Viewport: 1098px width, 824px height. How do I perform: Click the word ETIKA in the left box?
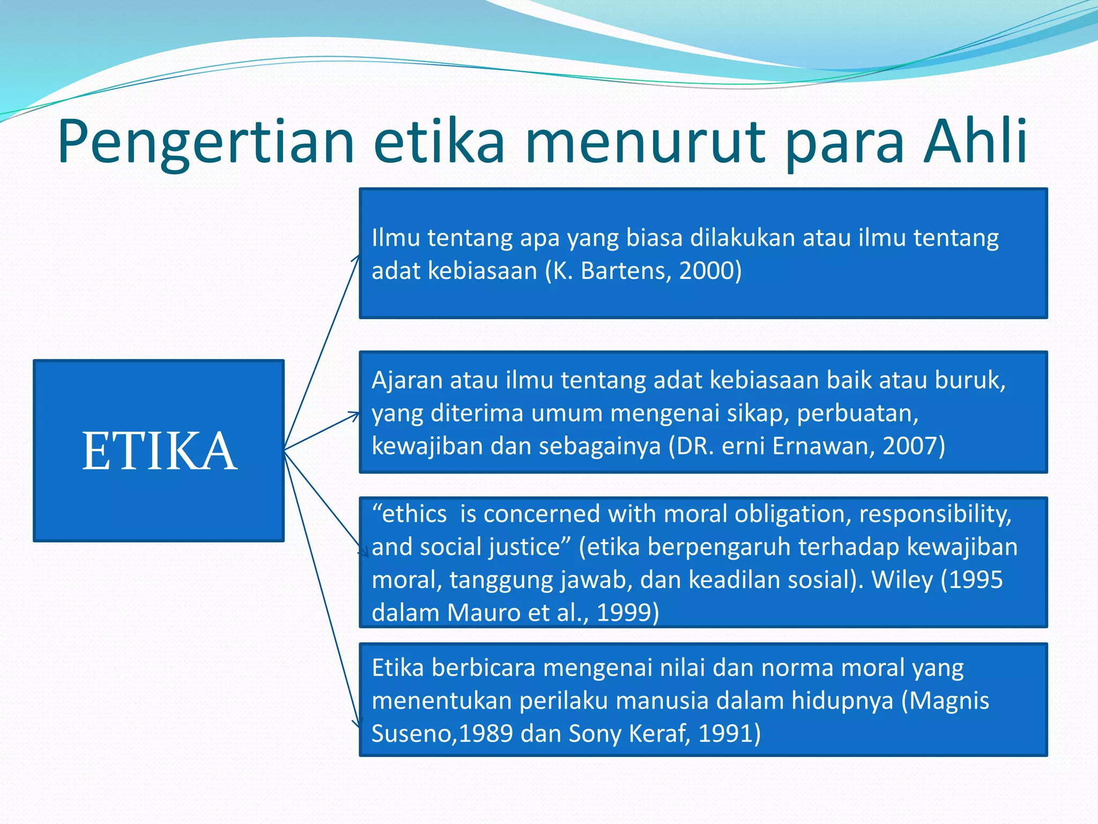click(x=159, y=452)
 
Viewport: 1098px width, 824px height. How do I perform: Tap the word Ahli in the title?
click(x=975, y=141)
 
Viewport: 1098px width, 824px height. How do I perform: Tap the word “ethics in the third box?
click(x=409, y=514)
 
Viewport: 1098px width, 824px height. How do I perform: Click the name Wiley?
click(x=902, y=580)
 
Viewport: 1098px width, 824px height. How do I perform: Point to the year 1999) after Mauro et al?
click(x=627, y=613)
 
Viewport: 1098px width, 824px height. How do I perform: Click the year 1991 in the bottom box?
click(x=728, y=734)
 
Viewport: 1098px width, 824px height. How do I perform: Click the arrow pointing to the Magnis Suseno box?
click(x=322, y=590)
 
